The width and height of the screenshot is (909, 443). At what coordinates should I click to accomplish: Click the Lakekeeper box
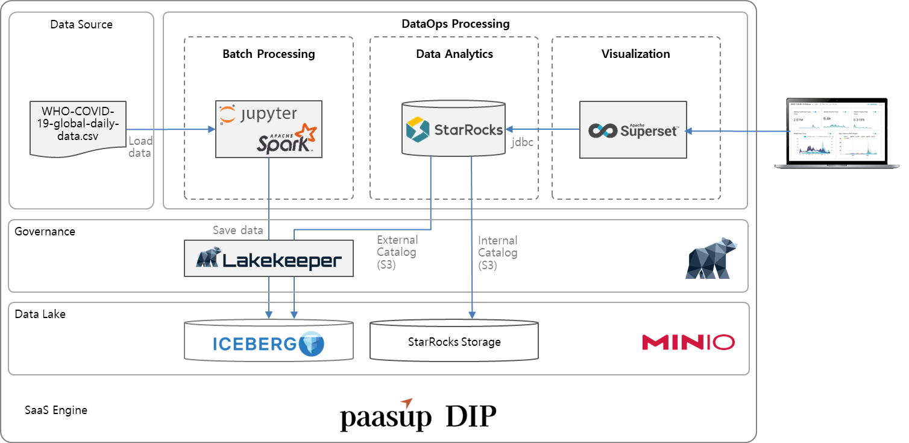(x=268, y=258)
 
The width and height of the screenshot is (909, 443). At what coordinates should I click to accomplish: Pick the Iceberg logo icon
(x=312, y=343)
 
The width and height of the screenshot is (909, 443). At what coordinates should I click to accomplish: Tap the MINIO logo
(x=688, y=342)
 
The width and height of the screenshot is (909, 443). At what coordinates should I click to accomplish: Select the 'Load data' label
(x=140, y=147)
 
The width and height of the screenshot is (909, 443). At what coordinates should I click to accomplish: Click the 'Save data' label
(x=237, y=230)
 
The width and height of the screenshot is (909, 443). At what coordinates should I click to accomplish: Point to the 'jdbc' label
(x=522, y=144)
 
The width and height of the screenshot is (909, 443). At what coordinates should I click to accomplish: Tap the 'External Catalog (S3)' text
(x=396, y=252)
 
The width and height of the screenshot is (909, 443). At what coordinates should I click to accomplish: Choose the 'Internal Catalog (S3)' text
(x=497, y=252)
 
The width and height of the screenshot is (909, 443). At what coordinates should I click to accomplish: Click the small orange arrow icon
(x=407, y=403)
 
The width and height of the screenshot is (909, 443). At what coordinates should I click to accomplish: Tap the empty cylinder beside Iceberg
(x=453, y=341)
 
